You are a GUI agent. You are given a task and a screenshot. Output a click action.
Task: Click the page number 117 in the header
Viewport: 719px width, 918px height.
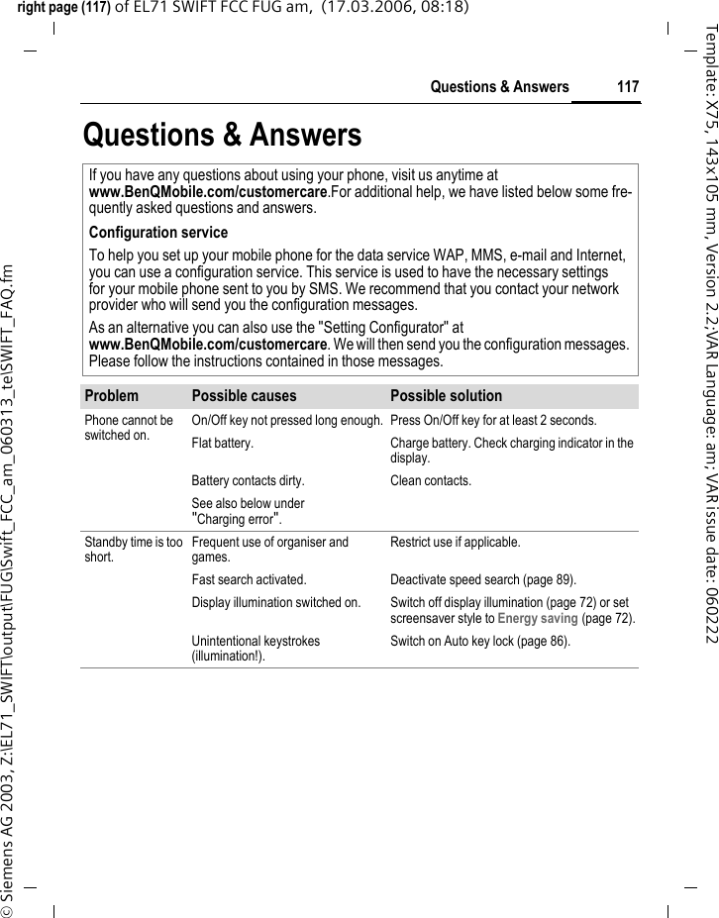tap(628, 87)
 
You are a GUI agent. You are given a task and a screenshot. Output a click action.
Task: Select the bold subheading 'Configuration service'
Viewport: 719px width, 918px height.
tap(158, 233)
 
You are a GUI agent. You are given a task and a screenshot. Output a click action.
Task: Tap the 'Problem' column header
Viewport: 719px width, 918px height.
tap(112, 396)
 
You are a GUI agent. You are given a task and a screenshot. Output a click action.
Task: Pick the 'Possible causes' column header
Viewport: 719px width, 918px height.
tap(244, 396)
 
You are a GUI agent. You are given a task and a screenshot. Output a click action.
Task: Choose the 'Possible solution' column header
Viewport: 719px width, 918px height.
tap(446, 396)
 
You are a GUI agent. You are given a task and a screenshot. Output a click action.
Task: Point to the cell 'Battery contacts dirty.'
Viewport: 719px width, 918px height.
tap(248, 481)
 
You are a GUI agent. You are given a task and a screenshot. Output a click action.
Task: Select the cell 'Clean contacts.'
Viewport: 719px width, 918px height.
tap(431, 481)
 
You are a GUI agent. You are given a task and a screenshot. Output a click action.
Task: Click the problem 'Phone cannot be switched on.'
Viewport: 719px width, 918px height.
tap(129, 427)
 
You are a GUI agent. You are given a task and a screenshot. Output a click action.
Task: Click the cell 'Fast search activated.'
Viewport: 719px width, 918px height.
tap(249, 580)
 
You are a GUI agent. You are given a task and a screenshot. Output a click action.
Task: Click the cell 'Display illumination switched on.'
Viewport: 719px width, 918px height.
tap(275, 603)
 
